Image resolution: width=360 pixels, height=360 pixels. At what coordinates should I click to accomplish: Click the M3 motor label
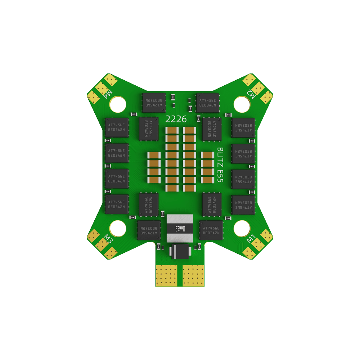click(107, 239)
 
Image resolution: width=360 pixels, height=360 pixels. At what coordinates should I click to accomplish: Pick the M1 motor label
click(251, 239)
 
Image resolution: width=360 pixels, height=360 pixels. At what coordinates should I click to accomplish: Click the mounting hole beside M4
click(117, 104)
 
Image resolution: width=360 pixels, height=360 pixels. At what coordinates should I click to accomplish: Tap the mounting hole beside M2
click(242, 104)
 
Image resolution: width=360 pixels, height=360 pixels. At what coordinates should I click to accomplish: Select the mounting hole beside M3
click(117, 228)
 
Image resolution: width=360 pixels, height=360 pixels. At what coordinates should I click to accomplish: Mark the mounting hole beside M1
click(242, 228)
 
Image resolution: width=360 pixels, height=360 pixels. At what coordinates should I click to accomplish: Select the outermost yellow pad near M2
click(266, 96)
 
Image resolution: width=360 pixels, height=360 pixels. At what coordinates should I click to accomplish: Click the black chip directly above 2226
click(154, 103)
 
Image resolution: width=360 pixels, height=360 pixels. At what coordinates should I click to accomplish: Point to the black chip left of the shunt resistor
click(149, 230)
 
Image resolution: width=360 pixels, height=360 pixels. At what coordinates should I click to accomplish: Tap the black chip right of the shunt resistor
click(211, 230)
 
